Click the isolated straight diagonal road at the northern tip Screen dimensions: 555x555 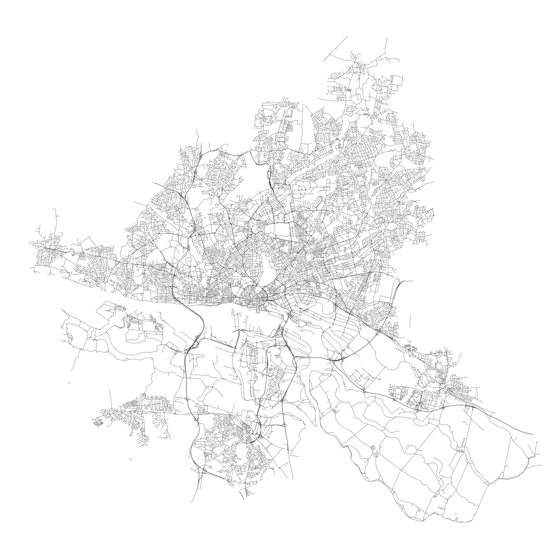coord(336,46)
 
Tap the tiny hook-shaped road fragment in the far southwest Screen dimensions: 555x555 coord(130,459)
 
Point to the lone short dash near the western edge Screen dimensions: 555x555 coord(69,383)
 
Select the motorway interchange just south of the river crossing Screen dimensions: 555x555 coord(194,344)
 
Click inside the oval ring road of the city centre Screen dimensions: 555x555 coord(253,296)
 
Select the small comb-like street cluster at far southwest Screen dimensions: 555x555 coord(98,422)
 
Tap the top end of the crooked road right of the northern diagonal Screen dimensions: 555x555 coord(386,38)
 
